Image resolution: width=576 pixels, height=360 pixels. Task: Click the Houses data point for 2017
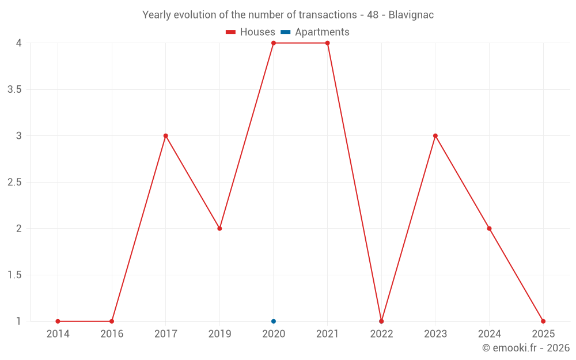point(165,136)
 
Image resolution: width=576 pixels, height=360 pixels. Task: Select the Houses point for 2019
point(219,229)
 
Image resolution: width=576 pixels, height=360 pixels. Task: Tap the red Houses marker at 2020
point(274,43)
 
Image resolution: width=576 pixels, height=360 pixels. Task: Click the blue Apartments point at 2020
point(274,321)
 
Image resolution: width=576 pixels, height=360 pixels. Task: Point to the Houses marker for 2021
point(327,43)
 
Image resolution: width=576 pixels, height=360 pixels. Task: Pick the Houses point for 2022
point(381,321)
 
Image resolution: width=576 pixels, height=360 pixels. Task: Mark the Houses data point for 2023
point(435,136)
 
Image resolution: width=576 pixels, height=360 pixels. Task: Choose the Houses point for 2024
point(489,229)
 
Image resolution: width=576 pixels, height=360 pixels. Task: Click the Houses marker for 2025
point(543,321)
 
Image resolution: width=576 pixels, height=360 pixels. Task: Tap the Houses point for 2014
point(58,321)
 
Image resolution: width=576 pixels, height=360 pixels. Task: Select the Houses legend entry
point(251,32)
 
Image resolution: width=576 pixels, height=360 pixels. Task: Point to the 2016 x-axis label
point(112,334)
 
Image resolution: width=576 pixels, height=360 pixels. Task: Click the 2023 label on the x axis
point(435,334)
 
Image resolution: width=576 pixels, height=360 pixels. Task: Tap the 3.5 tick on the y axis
point(14,90)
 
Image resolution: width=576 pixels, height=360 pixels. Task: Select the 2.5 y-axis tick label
point(14,183)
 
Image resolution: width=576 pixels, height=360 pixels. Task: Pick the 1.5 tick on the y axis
point(14,275)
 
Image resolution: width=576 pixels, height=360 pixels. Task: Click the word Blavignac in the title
point(411,15)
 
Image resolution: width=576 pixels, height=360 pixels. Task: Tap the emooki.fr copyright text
point(526,348)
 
